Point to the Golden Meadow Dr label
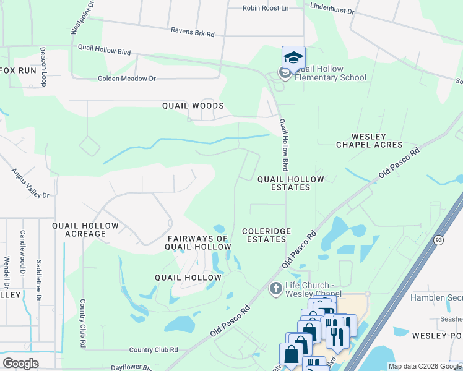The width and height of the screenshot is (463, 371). tap(127, 79)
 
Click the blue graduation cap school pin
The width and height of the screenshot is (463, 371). tap(293, 58)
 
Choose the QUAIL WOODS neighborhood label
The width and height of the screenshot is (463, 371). tap(193, 106)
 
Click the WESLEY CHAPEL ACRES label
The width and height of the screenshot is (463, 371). tap(369, 140)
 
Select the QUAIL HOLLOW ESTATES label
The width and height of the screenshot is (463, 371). tap(290, 183)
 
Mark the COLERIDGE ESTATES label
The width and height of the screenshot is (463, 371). tap(266, 235)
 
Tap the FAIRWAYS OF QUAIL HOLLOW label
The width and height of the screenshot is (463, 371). tap(199, 242)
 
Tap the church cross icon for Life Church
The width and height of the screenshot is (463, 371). tap(276, 289)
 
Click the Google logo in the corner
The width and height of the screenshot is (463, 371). tap(21, 363)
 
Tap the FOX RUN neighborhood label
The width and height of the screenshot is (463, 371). tap(18, 70)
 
